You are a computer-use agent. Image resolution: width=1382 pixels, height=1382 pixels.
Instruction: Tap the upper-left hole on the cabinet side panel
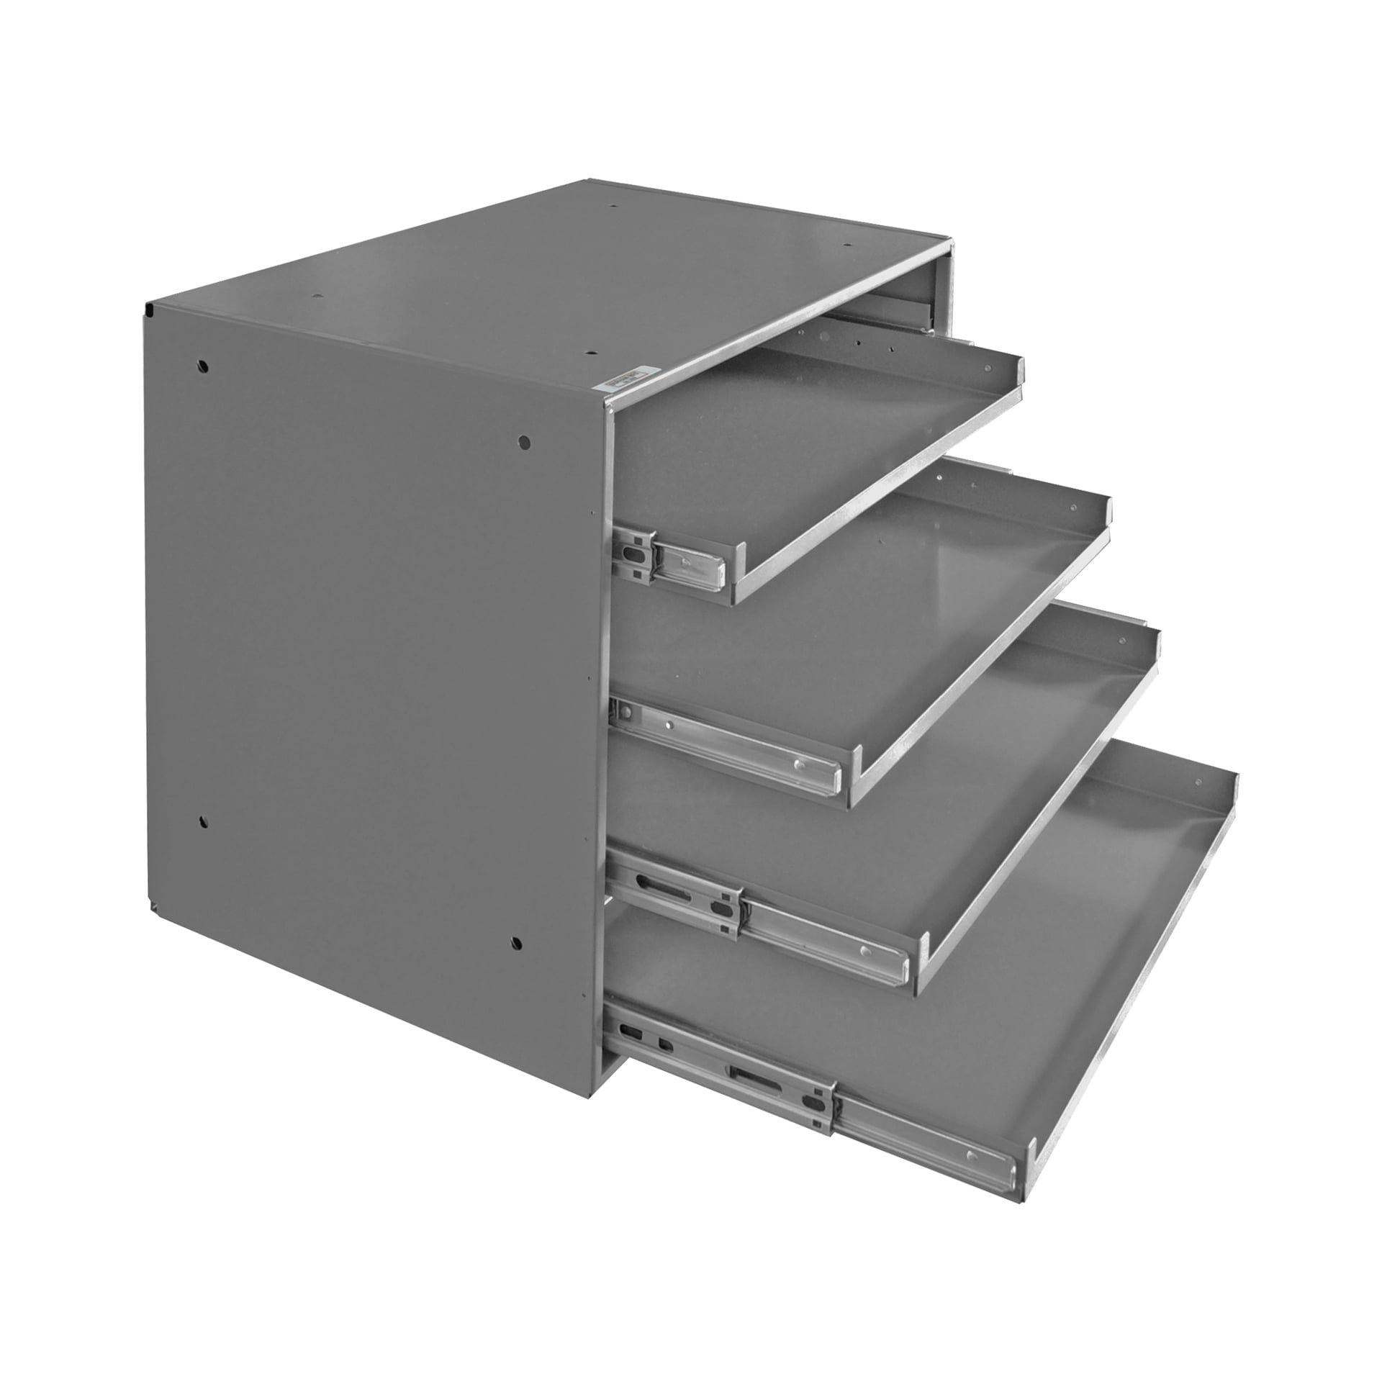click(204, 366)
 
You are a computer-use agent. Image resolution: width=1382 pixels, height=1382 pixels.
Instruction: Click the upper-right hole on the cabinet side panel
click(525, 440)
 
